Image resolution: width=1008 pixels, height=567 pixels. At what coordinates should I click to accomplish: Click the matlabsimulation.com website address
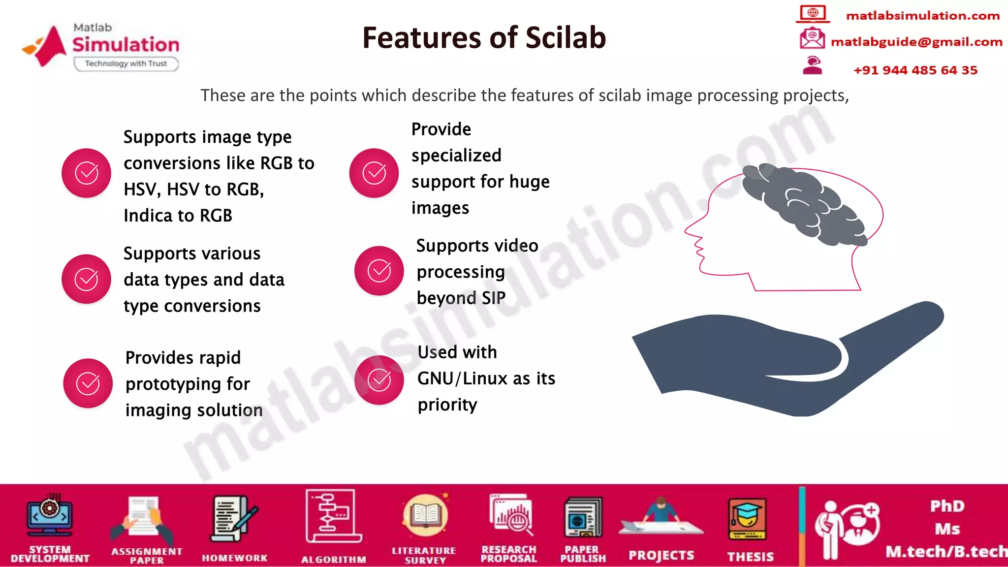pyautogui.click(x=922, y=16)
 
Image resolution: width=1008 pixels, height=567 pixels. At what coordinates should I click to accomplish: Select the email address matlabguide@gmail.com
pyautogui.click(x=916, y=42)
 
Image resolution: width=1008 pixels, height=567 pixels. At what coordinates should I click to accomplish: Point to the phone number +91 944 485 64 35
pyautogui.click(x=915, y=70)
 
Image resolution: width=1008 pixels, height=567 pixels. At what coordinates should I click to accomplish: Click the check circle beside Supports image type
pyautogui.click(x=86, y=173)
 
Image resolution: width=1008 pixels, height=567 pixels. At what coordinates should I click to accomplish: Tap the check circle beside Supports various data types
pyautogui.click(x=86, y=279)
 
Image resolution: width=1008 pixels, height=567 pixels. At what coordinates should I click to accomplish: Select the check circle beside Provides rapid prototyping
pyautogui.click(x=88, y=383)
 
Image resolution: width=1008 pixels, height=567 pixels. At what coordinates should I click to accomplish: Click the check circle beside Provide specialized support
pyautogui.click(x=374, y=173)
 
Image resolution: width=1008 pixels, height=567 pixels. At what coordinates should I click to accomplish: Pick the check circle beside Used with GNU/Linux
pyautogui.click(x=379, y=380)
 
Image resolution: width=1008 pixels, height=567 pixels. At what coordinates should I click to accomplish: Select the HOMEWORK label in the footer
pyautogui.click(x=234, y=558)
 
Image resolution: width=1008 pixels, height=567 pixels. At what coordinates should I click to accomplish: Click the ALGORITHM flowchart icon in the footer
pyautogui.click(x=333, y=516)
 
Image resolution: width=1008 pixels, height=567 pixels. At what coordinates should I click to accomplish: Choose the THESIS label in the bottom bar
pyautogui.click(x=750, y=557)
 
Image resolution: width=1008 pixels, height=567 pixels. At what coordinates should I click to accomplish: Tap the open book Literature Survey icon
pyautogui.click(x=425, y=516)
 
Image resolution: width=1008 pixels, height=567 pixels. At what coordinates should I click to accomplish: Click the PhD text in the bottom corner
pyautogui.click(x=946, y=506)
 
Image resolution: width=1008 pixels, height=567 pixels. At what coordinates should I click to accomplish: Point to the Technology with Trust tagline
pyautogui.click(x=126, y=64)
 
